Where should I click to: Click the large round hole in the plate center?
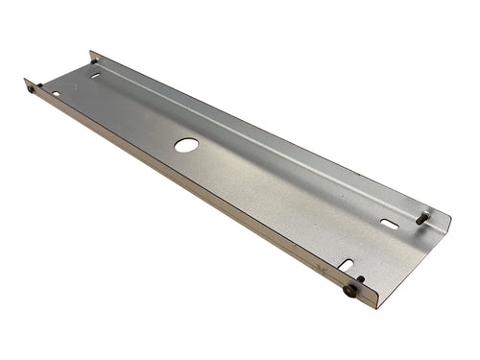click(x=186, y=145)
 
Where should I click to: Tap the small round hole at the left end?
click(x=56, y=94)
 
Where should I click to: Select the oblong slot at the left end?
click(x=95, y=75)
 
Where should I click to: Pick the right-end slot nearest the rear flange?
click(x=389, y=224)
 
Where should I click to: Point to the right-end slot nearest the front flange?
click(x=346, y=264)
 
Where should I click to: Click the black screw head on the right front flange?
click(x=350, y=290)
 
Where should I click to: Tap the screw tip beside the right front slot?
click(x=360, y=279)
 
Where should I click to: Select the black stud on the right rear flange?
click(x=422, y=218)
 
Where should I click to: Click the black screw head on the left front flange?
click(x=31, y=88)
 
